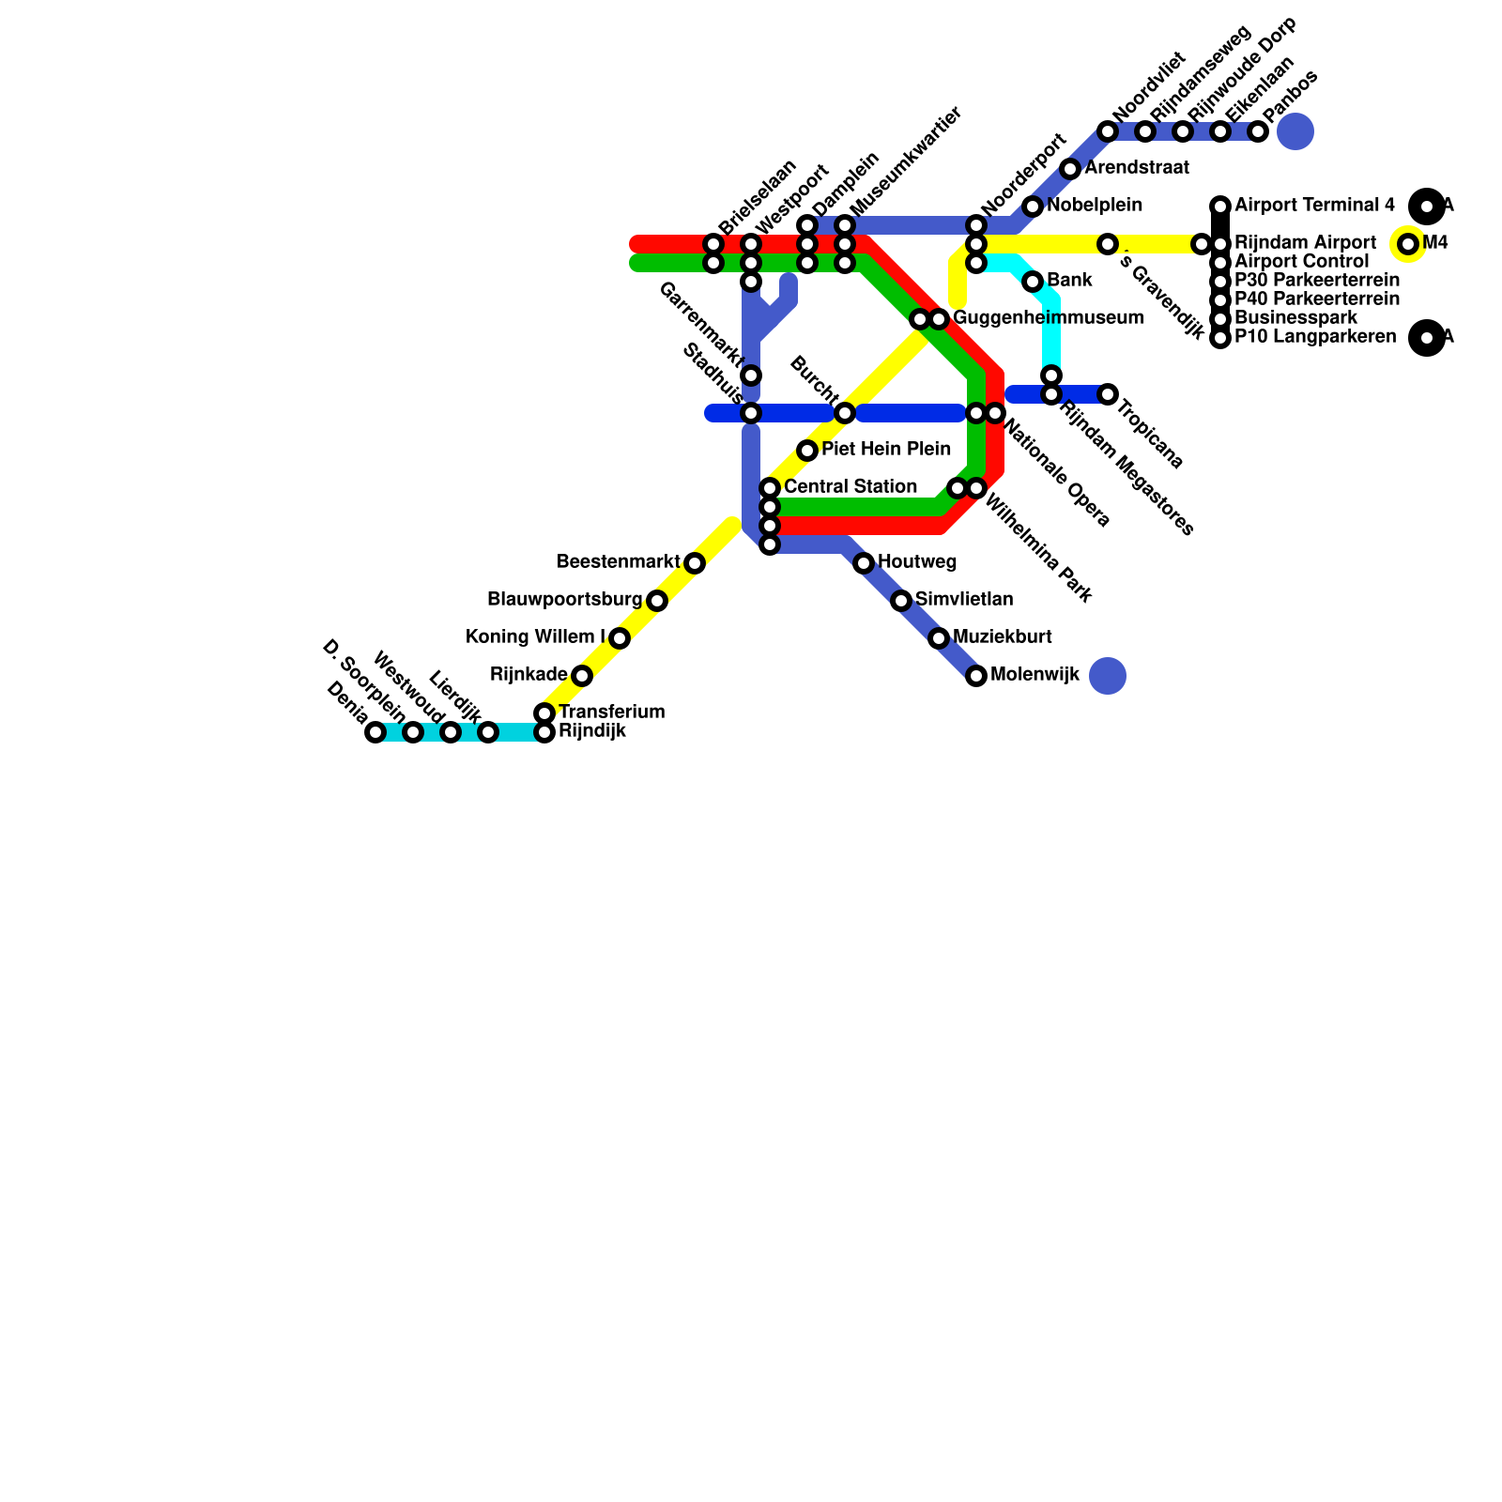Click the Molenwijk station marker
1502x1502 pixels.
click(976, 676)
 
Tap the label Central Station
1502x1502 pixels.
click(850, 487)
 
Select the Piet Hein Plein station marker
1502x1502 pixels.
click(807, 451)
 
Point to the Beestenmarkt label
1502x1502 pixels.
click(618, 562)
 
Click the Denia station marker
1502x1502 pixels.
click(375, 732)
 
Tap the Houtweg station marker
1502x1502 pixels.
click(864, 563)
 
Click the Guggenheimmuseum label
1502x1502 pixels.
click(1049, 318)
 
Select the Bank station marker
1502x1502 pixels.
click(1033, 282)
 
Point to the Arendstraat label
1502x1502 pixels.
click(1137, 168)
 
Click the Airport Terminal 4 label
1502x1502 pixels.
click(1314, 205)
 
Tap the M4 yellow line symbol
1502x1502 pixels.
click(1408, 244)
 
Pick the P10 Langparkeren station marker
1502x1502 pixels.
click(1220, 338)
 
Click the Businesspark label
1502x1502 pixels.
click(1295, 318)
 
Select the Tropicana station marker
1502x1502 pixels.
click(1108, 394)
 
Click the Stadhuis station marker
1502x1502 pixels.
click(751, 413)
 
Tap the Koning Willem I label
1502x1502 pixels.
click(535, 637)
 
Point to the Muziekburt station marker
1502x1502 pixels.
click(939, 638)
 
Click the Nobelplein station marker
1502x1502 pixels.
click(1033, 207)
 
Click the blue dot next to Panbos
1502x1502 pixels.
click(1295, 131)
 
